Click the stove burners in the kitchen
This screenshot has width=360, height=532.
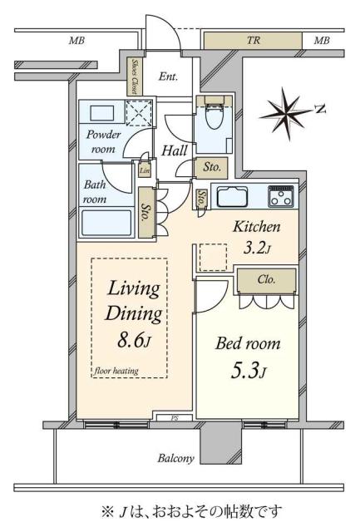[x=281, y=197]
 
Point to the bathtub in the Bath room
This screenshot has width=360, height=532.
[x=106, y=223]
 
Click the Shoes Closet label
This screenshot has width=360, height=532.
[x=135, y=74]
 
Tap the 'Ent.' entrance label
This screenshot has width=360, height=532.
[x=169, y=76]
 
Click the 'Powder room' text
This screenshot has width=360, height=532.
[x=103, y=140]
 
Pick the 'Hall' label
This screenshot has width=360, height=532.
[x=174, y=150]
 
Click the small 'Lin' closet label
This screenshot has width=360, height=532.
[x=145, y=171]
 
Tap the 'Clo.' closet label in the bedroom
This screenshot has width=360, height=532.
[x=266, y=279]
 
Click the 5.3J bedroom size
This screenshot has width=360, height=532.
[x=248, y=368]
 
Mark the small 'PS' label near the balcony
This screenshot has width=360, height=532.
[x=175, y=418]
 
